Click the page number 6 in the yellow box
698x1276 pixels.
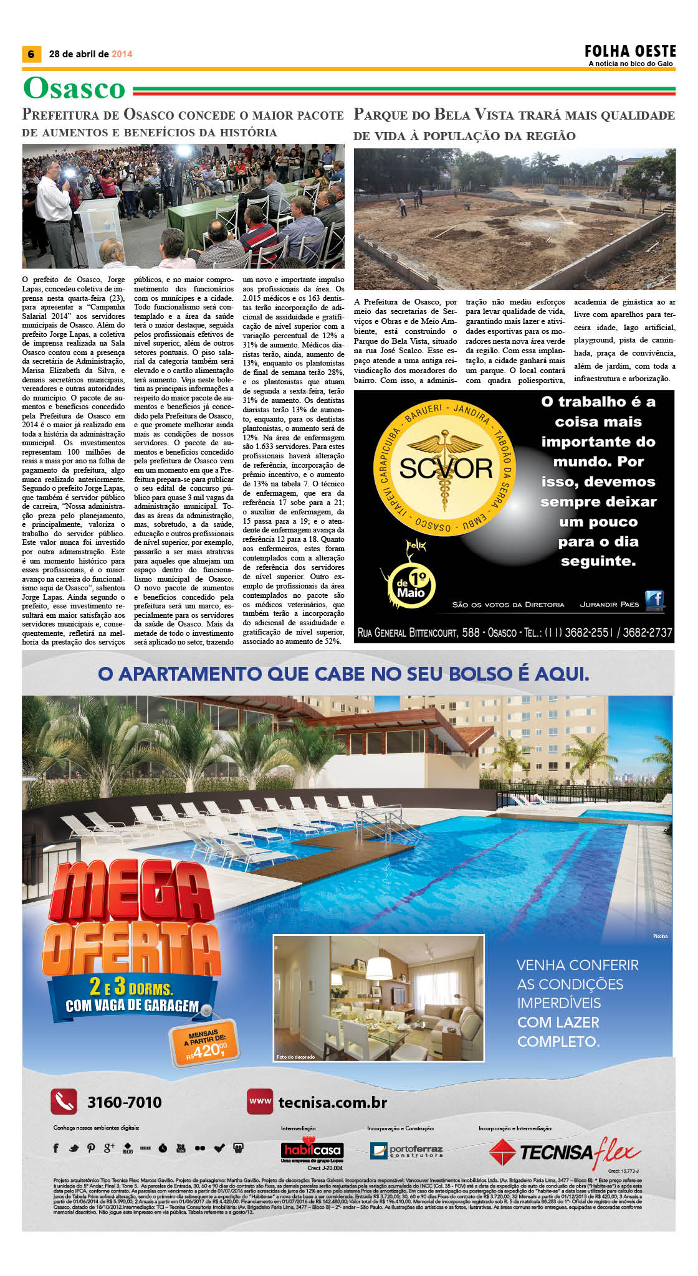(31, 54)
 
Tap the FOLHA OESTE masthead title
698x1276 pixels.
(629, 51)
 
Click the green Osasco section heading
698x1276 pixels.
(74, 88)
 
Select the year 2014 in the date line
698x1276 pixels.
(122, 54)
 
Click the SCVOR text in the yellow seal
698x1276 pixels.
(446, 468)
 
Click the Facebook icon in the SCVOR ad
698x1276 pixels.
(654, 599)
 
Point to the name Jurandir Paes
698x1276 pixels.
(610, 604)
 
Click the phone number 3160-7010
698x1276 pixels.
(124, 1102)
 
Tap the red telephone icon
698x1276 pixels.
(64, 1102)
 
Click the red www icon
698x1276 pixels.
(260, 1101)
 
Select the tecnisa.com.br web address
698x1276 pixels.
(332, 1102)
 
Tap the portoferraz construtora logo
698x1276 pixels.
(406, 1150)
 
